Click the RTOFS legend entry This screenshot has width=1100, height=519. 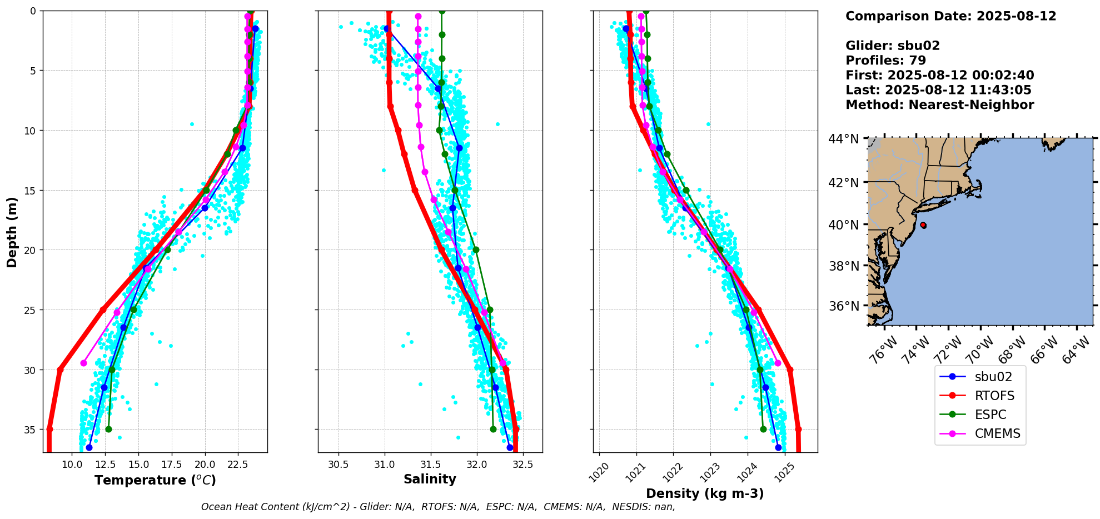click(994, 396)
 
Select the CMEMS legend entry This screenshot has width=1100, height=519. click(997, 433)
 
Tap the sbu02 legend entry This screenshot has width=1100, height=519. click(993, 377)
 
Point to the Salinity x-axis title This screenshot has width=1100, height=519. click(430, 480)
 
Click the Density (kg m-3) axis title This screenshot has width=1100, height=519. click(704, 493)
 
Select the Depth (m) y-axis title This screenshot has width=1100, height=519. click(12, 232)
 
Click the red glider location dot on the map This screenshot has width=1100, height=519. click(923, 225)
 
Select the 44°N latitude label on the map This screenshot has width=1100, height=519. click(843, 139)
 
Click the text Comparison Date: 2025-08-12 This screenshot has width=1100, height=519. click(950, 16)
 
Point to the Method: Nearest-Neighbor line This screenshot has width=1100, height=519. click(939, 105)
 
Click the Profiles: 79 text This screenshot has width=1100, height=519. click(885, 61)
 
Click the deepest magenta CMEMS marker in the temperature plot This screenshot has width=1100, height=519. click(83, 363)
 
